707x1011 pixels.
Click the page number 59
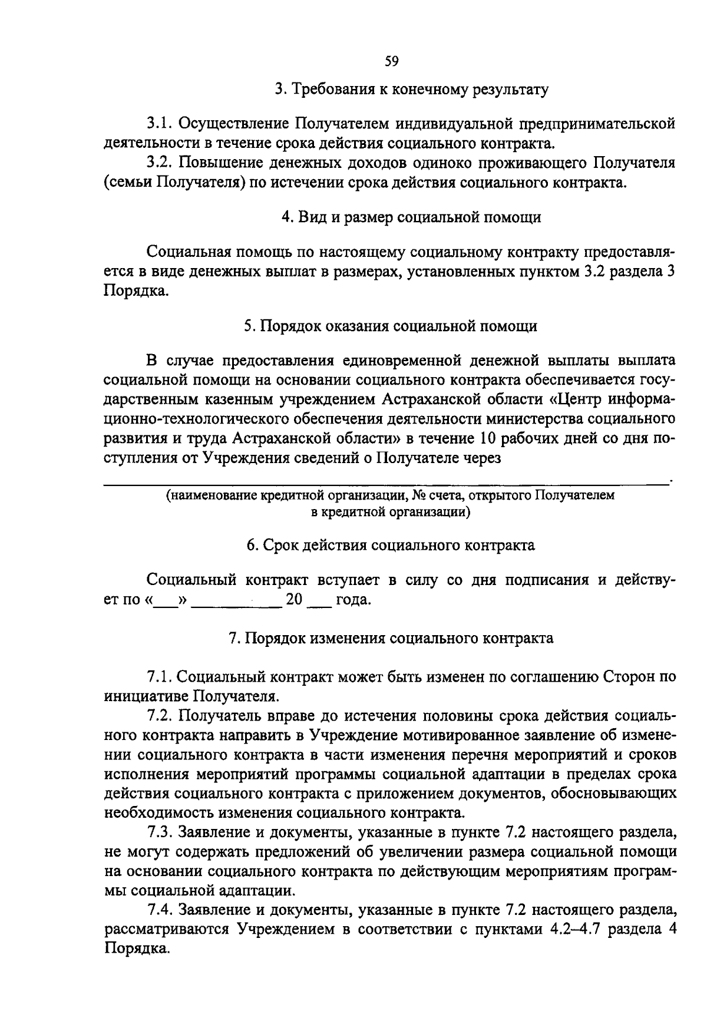click(392, 61)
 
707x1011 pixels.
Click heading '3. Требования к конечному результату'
click(412, 90)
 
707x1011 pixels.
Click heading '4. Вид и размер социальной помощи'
click(411, 217)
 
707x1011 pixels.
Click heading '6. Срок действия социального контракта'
click(391, 545)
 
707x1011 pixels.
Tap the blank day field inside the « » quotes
click(166, 601)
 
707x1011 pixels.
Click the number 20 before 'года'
click(294, 600)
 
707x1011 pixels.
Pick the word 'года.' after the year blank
click(353, 600)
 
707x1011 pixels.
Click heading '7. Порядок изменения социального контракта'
click(391, 639)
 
